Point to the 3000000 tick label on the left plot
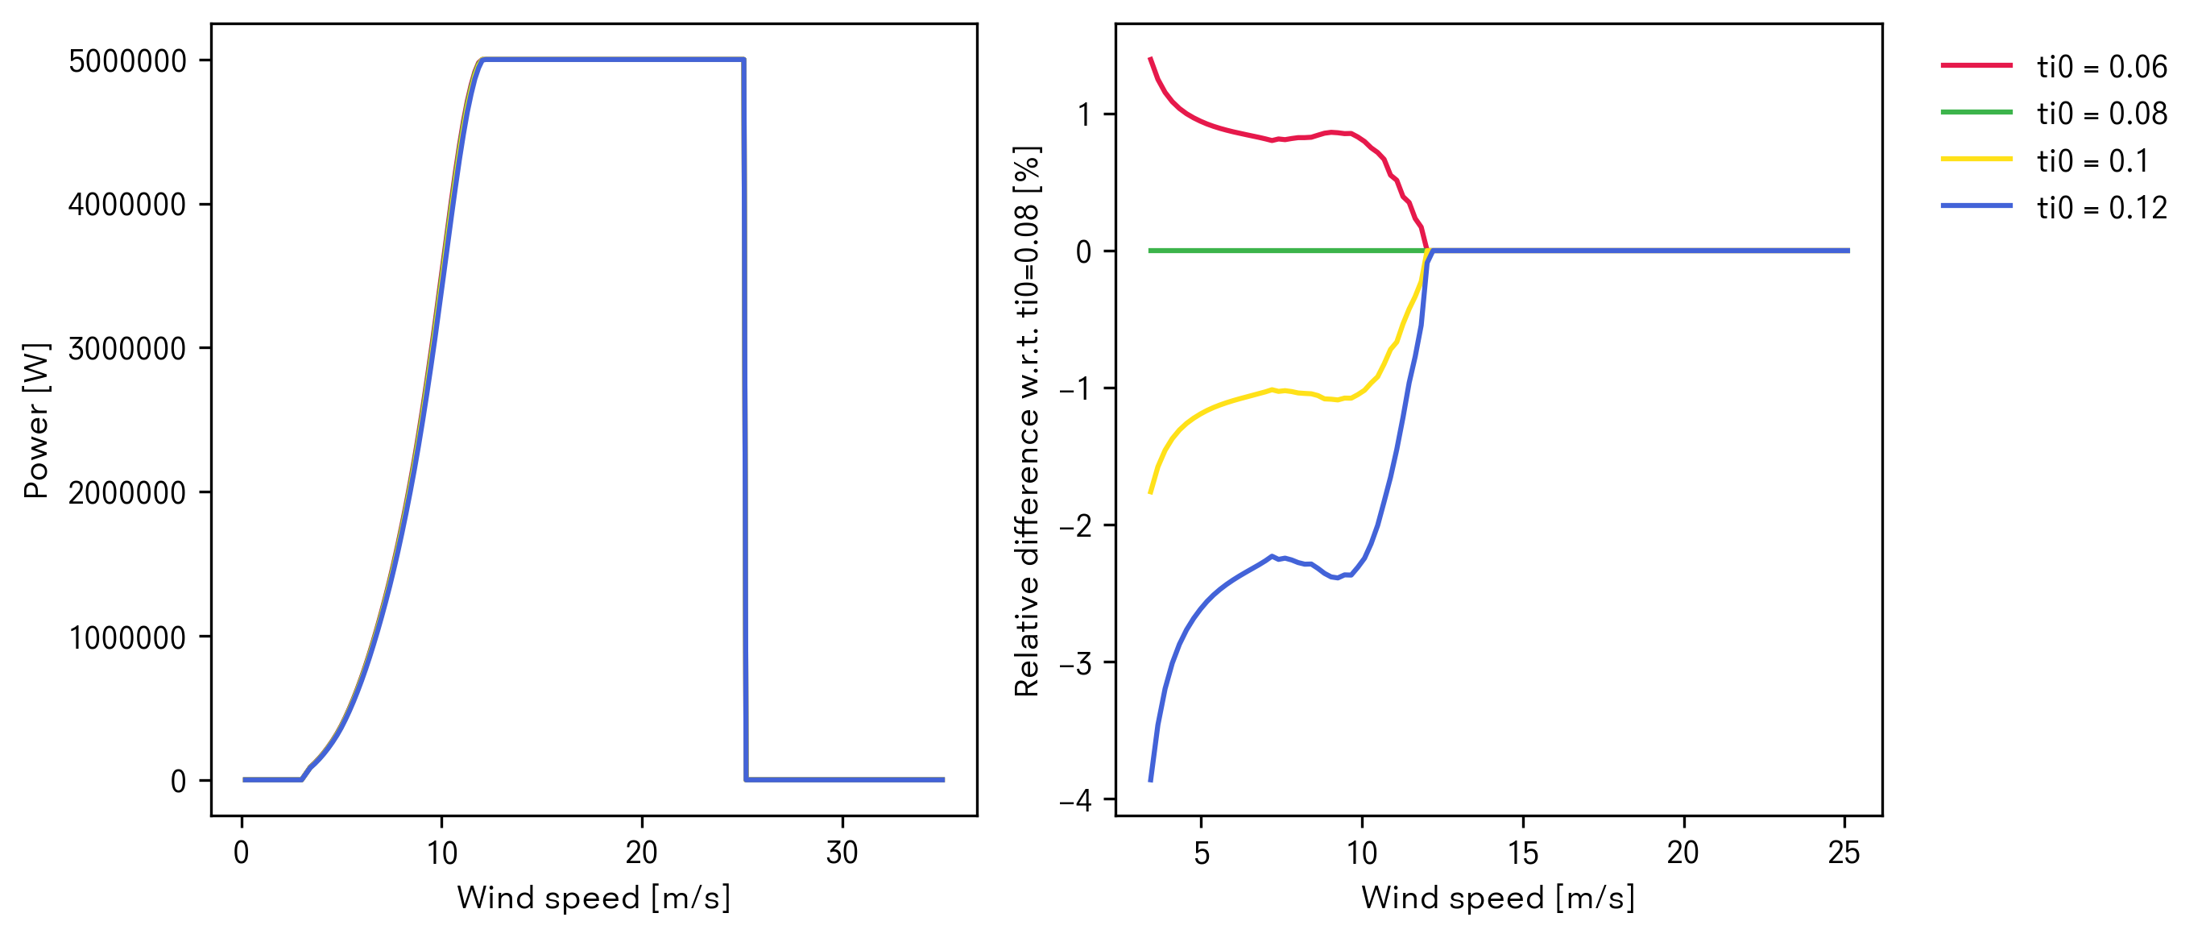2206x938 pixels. (126, 349)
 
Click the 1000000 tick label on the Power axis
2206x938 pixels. (126, 638)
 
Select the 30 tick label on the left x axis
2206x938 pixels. (842, 853)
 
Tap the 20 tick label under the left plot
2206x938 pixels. (641, 853)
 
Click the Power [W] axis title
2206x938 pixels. (37, 421)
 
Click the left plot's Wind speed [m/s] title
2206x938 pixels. (594, 898)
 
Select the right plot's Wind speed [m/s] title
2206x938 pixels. (1498, 898)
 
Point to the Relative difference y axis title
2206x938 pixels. (1027, 421)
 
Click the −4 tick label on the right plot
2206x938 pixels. (1075, 801)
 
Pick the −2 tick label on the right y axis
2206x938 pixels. (1075, 526)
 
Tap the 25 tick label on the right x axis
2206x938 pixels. (1844, 853)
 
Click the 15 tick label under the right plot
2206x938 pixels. (1523, 853)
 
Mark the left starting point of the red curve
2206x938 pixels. (1150, 58)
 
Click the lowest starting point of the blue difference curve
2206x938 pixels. (1150, 780)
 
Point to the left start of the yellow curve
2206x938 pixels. (1150, 492)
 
